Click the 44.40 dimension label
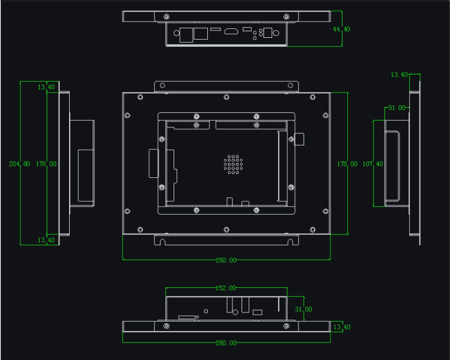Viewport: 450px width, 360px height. click(341, 29)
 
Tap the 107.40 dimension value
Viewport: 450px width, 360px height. click(372, 163)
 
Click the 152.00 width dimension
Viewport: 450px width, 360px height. click(226, 288)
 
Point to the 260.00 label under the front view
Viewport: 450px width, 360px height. click(226, 260)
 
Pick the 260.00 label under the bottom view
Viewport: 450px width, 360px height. click(226, 343)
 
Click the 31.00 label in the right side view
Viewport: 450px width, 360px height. click(396, 108)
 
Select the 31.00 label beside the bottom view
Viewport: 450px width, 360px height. click(303, 309)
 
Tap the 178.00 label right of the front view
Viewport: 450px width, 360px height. click(347, 163)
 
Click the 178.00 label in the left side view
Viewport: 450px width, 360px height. click(46, 163)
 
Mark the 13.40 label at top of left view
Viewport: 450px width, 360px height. click(46, 87)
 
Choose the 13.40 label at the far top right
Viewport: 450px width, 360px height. click(400, 75)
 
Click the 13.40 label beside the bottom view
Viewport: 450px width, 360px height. click(341, 327)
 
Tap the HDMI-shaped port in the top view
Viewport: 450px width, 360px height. click(231, 30)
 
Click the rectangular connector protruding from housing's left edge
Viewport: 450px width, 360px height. click(153, 163)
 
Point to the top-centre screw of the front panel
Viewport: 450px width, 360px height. click(226, 97)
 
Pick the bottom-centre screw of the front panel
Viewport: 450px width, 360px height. click(226, 230)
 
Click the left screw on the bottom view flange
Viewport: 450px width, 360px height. click(166, 326)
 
